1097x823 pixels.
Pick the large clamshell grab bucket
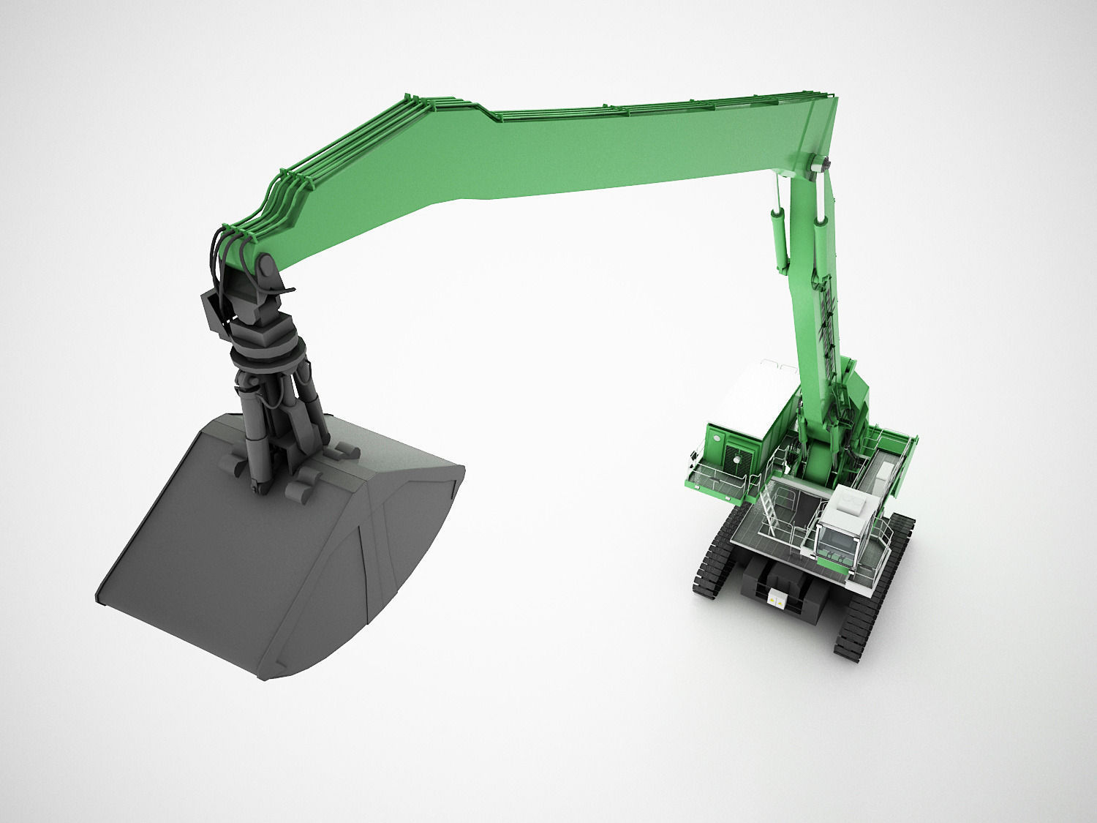[278, 541]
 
